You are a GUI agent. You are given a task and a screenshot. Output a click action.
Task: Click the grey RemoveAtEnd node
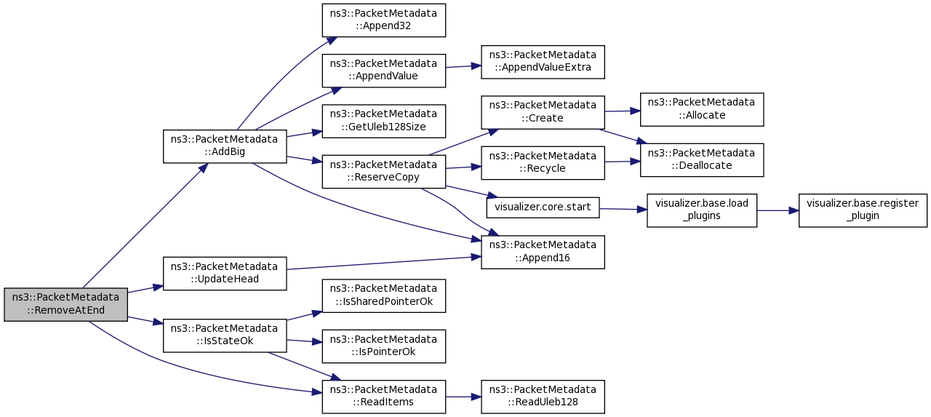(65, 304)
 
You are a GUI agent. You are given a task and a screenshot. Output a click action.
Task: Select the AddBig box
(225, 146)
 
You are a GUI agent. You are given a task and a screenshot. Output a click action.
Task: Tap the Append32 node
(383, 20)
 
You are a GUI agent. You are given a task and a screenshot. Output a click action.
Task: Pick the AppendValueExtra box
(543, 62)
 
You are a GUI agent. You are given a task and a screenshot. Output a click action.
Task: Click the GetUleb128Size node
(383, 121)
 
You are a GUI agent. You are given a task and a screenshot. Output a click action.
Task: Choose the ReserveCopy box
(383, 171)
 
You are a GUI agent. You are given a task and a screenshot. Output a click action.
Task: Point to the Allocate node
(702, 109)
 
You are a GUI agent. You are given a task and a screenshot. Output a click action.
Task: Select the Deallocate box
(702, 160)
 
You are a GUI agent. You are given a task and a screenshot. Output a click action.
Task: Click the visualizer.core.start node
(543, 207)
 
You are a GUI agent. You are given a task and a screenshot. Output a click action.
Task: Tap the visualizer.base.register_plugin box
(863, 210)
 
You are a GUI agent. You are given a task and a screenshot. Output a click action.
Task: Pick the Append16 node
(543, 252)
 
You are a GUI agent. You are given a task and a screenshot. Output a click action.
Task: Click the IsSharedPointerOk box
(383, 295)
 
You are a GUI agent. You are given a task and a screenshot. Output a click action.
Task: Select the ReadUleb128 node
(543, 397)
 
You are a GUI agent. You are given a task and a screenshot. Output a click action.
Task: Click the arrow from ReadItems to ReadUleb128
(463, 397)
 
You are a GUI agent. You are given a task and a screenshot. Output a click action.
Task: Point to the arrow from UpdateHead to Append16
(384, 263)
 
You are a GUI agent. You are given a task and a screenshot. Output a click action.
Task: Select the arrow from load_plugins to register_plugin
(778, 210)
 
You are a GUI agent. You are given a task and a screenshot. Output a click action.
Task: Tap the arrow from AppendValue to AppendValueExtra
(463, 66)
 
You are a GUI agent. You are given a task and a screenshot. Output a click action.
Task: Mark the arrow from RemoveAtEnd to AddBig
(145, 226)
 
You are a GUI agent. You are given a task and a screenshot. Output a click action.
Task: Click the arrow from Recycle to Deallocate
(622, 162)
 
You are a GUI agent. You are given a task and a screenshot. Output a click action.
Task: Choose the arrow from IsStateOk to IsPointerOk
(304, 341)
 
